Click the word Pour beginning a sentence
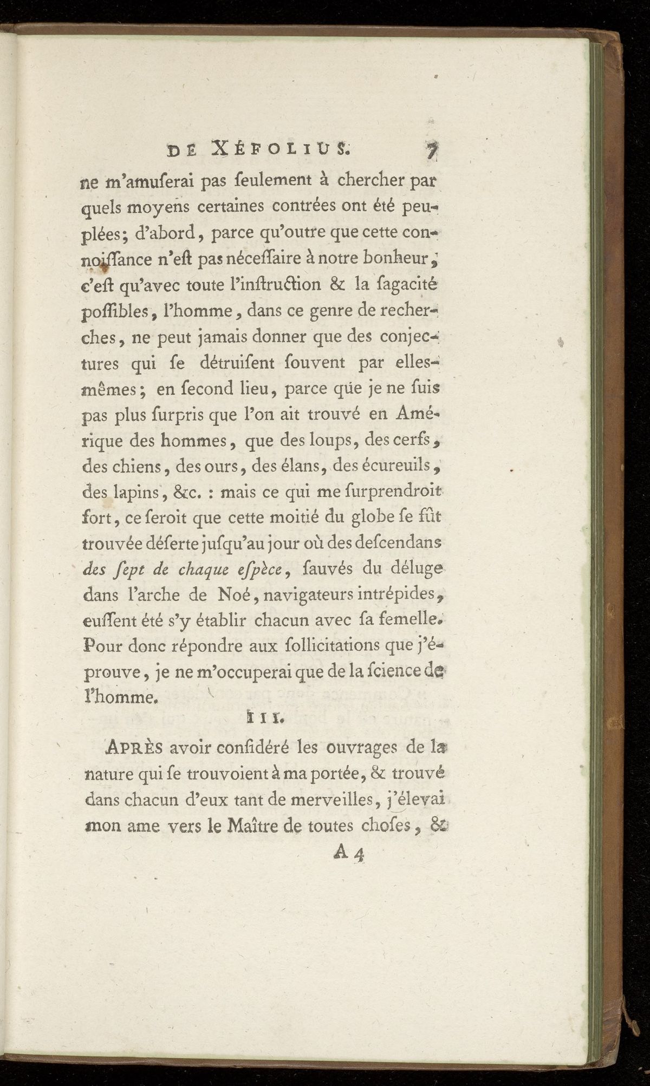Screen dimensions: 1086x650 [102, 645]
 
